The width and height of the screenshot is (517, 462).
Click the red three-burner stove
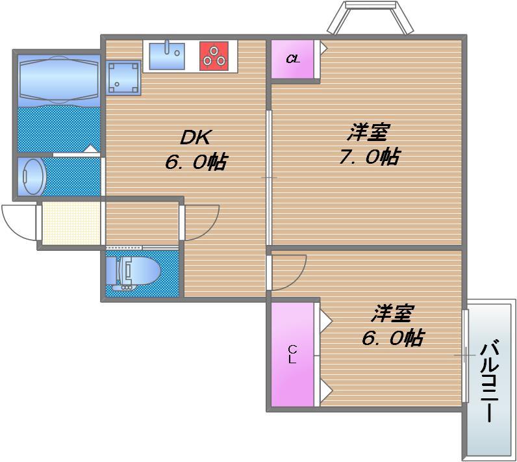214,56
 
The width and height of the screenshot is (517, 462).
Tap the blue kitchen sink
167,55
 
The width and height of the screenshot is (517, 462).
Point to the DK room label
195,137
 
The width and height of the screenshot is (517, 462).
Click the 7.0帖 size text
368,157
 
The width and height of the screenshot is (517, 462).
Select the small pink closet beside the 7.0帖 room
293,59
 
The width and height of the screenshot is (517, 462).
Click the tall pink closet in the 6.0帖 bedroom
292,355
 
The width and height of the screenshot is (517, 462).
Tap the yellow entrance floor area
71,224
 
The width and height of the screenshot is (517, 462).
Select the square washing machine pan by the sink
123,77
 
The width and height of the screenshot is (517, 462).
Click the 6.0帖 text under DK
195,162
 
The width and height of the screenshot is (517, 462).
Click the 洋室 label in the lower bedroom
392,314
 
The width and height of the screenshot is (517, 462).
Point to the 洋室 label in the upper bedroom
368,132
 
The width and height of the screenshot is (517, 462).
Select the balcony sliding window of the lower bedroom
465,355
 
